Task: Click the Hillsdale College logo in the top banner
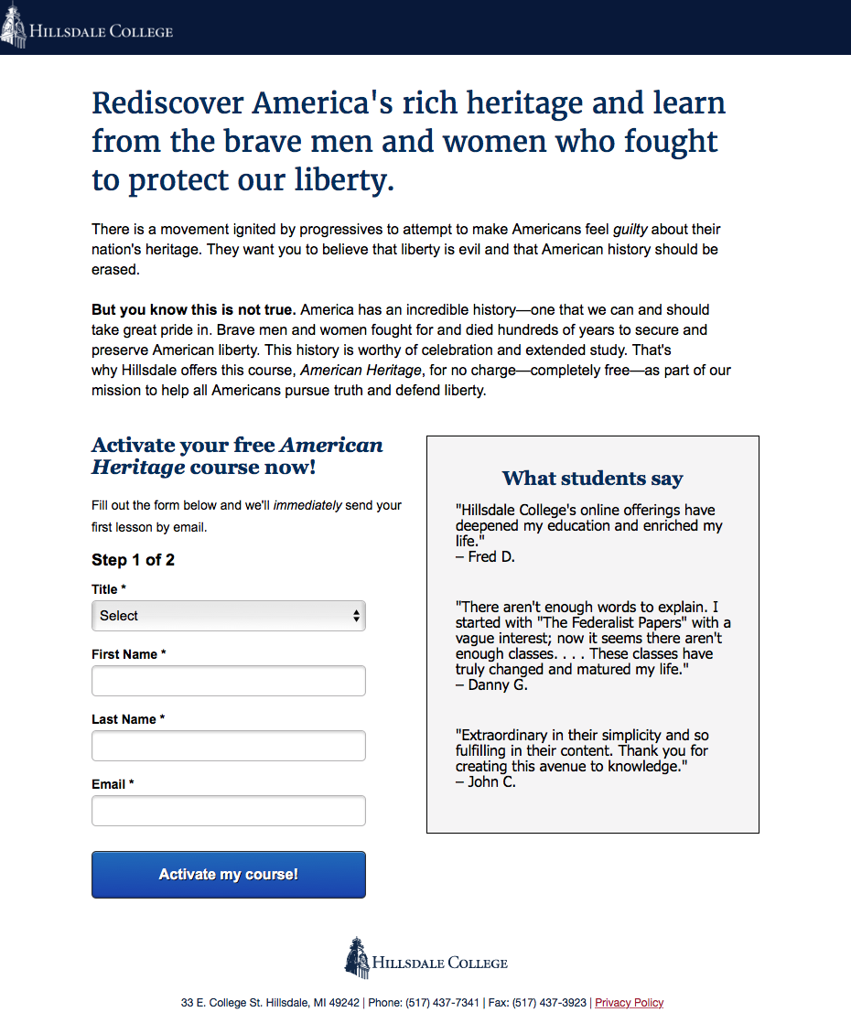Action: [x=88, y=29]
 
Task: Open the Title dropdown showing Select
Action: [x=228, y=616]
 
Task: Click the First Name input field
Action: [x=228, y=681]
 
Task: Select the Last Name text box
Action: [x=228, y=746]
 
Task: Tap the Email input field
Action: [x=228, y=811]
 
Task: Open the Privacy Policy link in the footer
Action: [x=629, y=1003]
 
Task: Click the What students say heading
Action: [x=592, y=479]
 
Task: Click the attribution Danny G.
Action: [x=498, y=684]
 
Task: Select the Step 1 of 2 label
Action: [x=133, y=560]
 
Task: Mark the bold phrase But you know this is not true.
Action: [x=193, y=309]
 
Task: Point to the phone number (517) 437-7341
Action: [x=442, y=1003]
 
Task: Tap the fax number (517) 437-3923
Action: [x=549, y=1003]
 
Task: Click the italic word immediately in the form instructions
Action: [x=307, y=505]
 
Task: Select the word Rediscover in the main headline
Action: [x=168, y=102]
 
